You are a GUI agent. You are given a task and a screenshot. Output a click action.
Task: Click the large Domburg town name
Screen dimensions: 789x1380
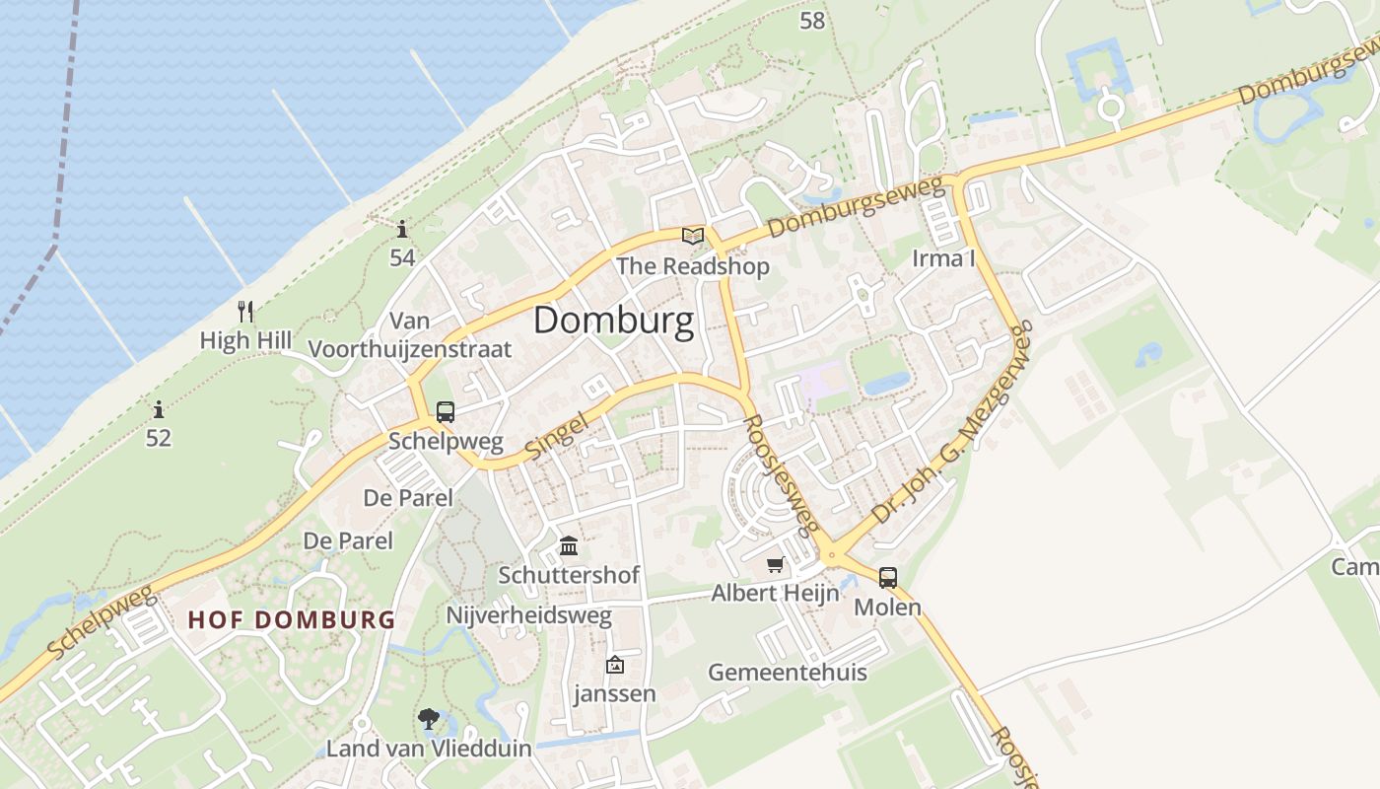coord(613,321)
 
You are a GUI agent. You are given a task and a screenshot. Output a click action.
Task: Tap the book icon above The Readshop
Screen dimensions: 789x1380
coord(693,236)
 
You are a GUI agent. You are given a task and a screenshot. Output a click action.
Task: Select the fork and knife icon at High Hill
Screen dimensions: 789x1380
coord(245,312)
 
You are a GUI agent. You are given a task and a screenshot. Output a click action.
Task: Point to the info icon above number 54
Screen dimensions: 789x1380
coord(402,230)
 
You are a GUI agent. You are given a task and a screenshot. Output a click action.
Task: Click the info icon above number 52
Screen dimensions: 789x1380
coord(159,408)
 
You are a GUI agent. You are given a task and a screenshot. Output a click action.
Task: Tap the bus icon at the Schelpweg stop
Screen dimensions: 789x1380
coord(446,412)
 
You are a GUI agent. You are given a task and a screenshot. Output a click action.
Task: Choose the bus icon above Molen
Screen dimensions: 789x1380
coord(887,578)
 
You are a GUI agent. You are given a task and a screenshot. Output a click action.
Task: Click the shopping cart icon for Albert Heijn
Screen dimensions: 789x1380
coord(775,565)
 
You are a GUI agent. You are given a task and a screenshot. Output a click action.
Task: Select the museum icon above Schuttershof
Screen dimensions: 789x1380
coord(569,545)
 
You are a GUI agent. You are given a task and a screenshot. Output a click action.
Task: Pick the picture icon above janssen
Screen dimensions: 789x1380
coord(615,665)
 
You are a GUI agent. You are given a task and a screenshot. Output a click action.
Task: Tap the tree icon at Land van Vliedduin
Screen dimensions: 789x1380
coord(429,719)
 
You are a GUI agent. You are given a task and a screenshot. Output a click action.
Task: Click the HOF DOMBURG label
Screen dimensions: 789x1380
coord(291,620)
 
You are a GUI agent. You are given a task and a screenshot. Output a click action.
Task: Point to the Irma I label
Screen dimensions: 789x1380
coord(943,258)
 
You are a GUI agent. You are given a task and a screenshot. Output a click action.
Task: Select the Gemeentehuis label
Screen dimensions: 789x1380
coord(788,673)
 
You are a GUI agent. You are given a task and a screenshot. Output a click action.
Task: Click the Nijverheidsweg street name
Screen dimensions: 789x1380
coord(529,616)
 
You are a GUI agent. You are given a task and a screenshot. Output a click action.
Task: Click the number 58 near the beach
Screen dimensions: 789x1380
coord(812,20)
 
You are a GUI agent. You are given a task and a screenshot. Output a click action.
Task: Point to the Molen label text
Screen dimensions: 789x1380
coord(887,608)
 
